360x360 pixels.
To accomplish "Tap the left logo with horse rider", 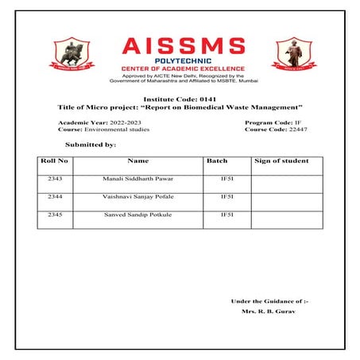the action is tap(74, 54).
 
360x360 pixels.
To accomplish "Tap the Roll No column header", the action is tap(54, 161).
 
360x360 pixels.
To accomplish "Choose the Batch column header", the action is tap(217, 161).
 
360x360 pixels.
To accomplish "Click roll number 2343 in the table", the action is tap(54, 180).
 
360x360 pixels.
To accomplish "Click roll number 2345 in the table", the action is tap(54, 215).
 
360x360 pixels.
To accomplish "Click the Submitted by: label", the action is tap(91, 145).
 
